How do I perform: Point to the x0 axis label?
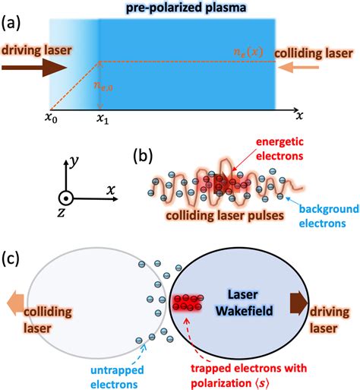(51, 120)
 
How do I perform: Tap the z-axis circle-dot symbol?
(67, 198)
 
